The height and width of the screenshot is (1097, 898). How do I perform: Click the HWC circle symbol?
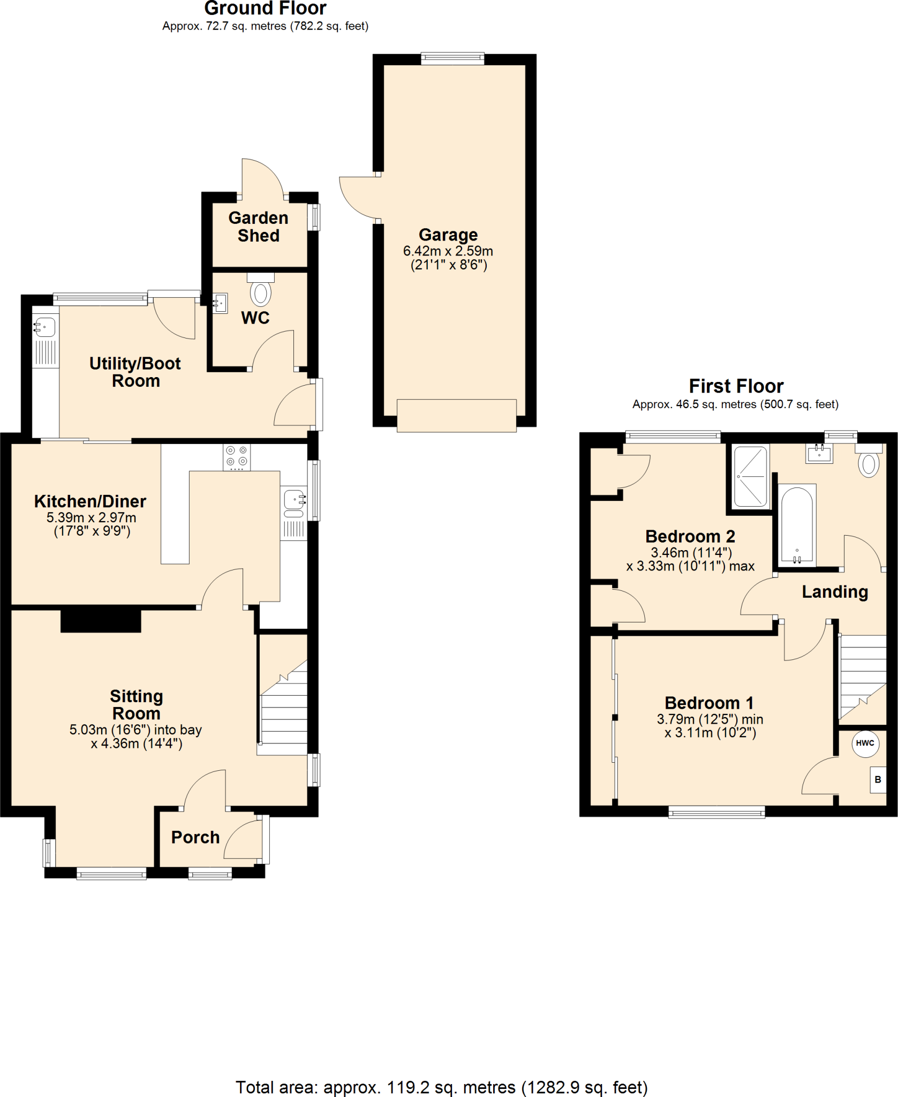[865, 743]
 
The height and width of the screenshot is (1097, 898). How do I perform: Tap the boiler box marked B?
[878, 780]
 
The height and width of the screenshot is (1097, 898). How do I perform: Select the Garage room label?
[448, 235]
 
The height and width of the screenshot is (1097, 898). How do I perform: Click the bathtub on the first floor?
[797, 525]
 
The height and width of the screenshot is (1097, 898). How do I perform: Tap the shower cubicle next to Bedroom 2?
[750, 476]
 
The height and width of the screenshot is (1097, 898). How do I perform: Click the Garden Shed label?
[259, 227]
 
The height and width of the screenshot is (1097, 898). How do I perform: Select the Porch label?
[195, 837]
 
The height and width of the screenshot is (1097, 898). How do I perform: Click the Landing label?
[835, 592]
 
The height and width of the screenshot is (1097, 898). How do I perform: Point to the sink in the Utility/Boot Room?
[45, 326]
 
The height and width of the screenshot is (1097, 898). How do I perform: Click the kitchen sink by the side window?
[293, 500]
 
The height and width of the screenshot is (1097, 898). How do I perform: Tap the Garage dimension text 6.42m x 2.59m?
[448, 251]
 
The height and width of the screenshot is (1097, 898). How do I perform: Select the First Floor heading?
[736, 386]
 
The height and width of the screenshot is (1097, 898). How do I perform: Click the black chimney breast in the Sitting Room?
[101, 621]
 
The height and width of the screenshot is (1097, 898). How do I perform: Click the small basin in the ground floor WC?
[220, 303]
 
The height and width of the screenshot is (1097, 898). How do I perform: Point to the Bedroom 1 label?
[709, 703]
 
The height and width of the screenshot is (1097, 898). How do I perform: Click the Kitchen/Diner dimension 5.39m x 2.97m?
[92, 517]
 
